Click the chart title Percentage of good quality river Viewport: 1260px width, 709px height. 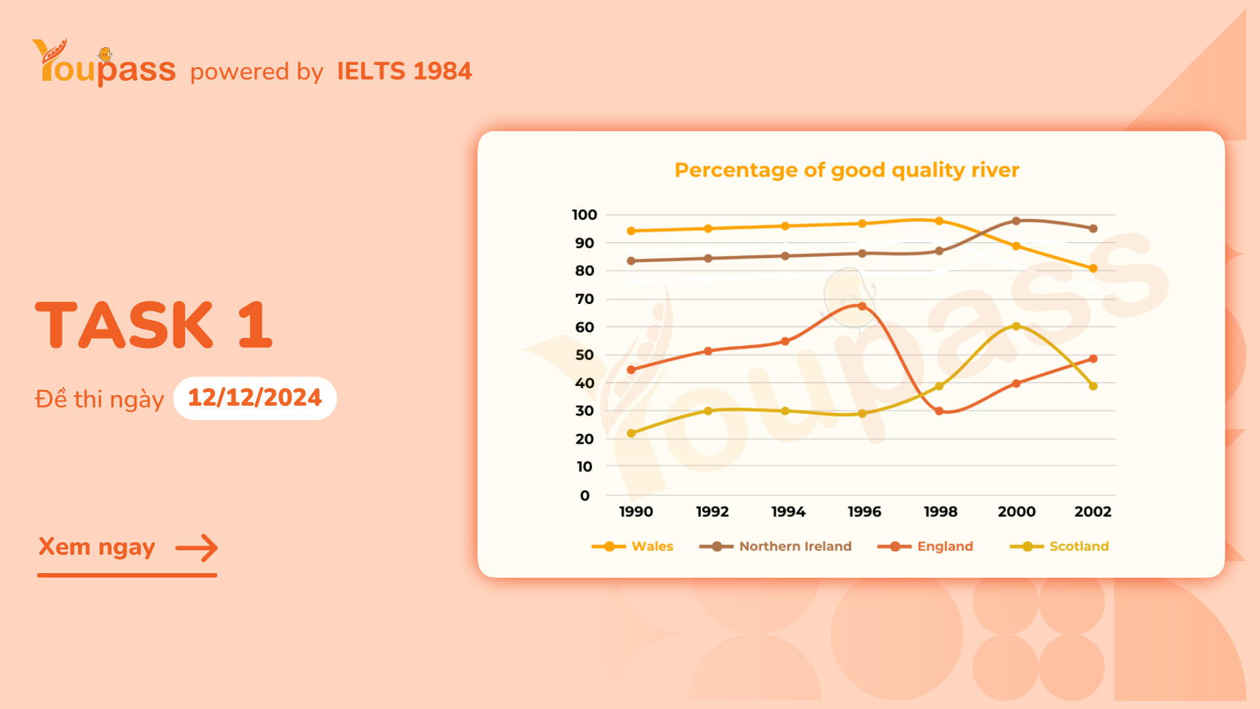tap(847, 170)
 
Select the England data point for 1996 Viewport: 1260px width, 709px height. tap(862, 307)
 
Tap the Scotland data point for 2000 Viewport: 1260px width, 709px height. tap(1016, 326)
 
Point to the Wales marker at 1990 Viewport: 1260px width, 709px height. tap(631, 231)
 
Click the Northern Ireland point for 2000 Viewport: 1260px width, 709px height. tap(1016, 221)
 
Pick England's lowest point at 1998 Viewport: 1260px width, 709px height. tap(939, 411)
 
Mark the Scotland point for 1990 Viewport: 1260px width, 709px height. tap(631, 433)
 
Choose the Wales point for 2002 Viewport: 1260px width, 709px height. tap(1093, 269)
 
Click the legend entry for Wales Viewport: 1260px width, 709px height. tap(652, 546)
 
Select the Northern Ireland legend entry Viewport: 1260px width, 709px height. tap(795, 546)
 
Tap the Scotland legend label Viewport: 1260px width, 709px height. tap(1079, 546)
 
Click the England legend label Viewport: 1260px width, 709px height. tap(945, 546)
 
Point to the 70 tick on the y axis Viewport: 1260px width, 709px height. tap(584, 299)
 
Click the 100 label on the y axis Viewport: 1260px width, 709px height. tap(584, 215)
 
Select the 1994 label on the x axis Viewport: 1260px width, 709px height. tap(788, 511)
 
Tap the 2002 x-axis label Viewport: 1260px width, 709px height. tap(1093, 511)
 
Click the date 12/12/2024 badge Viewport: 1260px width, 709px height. tap(255, 398)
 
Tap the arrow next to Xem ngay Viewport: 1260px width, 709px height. tap(196, 548)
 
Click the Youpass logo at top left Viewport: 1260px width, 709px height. tap(104, 64)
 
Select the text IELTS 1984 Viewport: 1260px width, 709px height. tap(404, 71)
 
